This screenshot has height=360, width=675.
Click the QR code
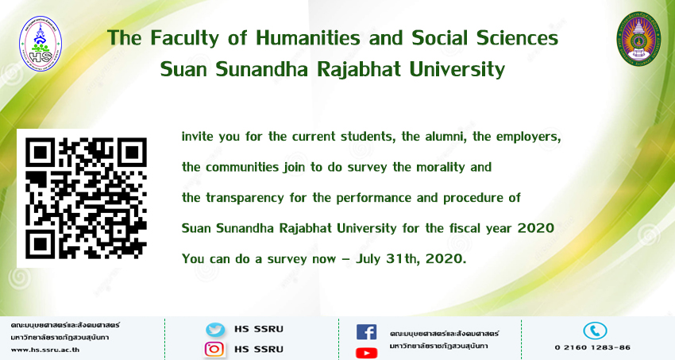(x=86, y=198)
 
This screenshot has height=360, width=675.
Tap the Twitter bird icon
(x=215, y=330)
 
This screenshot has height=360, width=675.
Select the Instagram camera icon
(x=214, y=349)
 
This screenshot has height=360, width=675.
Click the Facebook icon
(x=366, y=332)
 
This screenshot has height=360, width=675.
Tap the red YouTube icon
(x=366, y=353)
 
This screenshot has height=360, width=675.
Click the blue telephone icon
(x=595, y=331)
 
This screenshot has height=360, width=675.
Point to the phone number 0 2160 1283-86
(x=592, y=347)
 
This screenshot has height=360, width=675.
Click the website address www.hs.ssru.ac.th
(x=44, y=350)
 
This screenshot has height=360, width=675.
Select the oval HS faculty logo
(x=40, y=44)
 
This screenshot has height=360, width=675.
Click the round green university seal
(x=638, y=39)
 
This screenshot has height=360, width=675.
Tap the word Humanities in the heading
(x=308, y=38)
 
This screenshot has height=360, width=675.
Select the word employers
(x=529, y=137)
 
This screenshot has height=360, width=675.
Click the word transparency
(x=245, y=198)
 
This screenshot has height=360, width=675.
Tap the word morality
(x=441, y=167)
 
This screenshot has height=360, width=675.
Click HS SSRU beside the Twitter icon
(x=259, y=330)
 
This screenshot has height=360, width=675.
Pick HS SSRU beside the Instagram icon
(x=259, y=349)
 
